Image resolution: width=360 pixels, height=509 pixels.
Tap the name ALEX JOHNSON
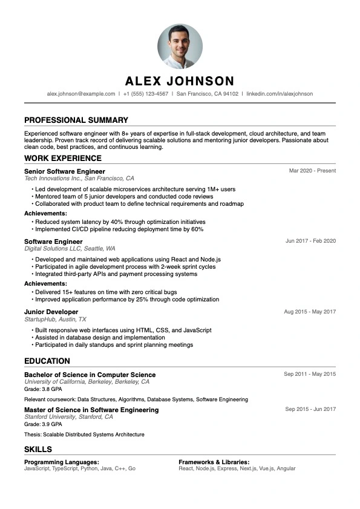[180, 81]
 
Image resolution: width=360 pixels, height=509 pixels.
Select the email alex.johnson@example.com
[81, 94]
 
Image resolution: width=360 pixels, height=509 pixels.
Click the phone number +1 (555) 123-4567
[146, 94]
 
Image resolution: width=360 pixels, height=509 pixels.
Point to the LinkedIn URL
[280, 94]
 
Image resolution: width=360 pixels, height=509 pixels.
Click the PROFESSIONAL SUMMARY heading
[76, 120]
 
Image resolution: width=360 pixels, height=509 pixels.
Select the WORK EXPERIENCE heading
[63, 158]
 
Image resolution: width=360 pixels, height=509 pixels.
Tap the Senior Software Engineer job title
[65, 171]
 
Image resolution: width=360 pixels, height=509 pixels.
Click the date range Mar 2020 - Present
[312, 171]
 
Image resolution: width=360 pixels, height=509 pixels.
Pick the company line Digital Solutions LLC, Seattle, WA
[70, 249]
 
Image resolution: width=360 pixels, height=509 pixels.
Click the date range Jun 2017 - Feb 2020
[310, 241]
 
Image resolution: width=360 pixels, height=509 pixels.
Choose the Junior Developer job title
[51, 312]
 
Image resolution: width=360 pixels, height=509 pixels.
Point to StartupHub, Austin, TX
[55, 319]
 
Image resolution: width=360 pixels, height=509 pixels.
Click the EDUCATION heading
[47, 361]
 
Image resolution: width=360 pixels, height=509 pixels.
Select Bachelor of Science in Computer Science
[90, 375]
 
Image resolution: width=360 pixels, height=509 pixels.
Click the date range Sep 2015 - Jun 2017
[310, 409]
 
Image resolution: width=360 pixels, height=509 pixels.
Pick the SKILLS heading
[38, 450]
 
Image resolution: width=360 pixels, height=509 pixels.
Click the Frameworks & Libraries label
[214, 462]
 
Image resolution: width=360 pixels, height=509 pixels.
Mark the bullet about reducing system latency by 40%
[120, 222]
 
